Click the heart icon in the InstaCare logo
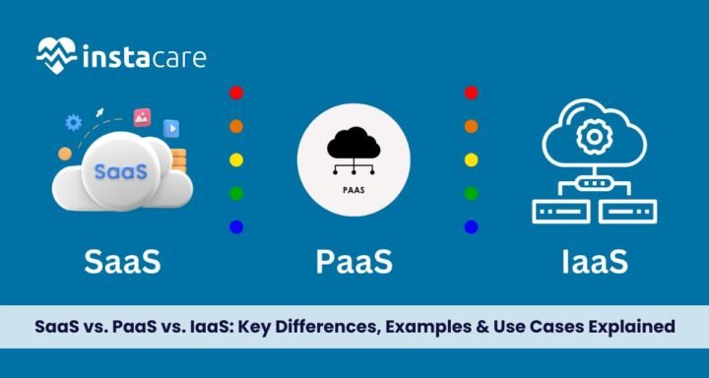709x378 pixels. click(56, 55)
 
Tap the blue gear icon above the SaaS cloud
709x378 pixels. click(72, 123)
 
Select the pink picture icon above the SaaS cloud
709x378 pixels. click(142, 116)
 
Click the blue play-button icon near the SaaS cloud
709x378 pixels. click(171, 127)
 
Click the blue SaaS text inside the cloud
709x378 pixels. click(120, 170)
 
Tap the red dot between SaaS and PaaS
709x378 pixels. click(235, 94)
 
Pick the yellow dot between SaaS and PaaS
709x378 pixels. click(235, 159)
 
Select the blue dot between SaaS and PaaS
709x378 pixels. click(235, 226)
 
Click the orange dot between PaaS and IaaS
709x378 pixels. click(471, 126)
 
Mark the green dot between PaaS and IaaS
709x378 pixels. click(471, 193)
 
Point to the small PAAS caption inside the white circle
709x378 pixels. click(354, 182)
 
